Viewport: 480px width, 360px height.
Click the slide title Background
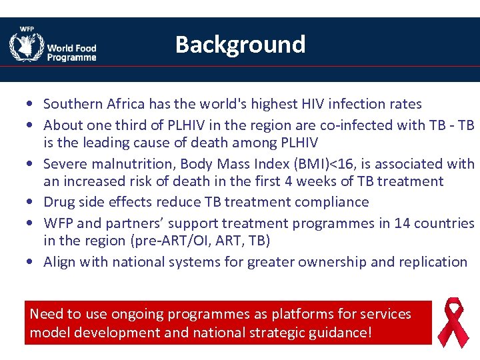click(x=240, y=45)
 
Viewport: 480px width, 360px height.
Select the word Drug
click(x=59, y=202)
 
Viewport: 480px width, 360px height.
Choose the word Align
click(x=60, y=262)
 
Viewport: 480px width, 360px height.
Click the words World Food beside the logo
click(x=71, y=48)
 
